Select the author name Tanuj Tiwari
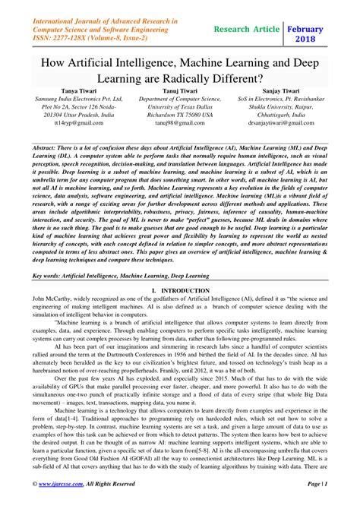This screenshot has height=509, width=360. [x=180, y=90]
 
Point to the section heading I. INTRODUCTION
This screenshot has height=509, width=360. [x=179, y=268]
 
